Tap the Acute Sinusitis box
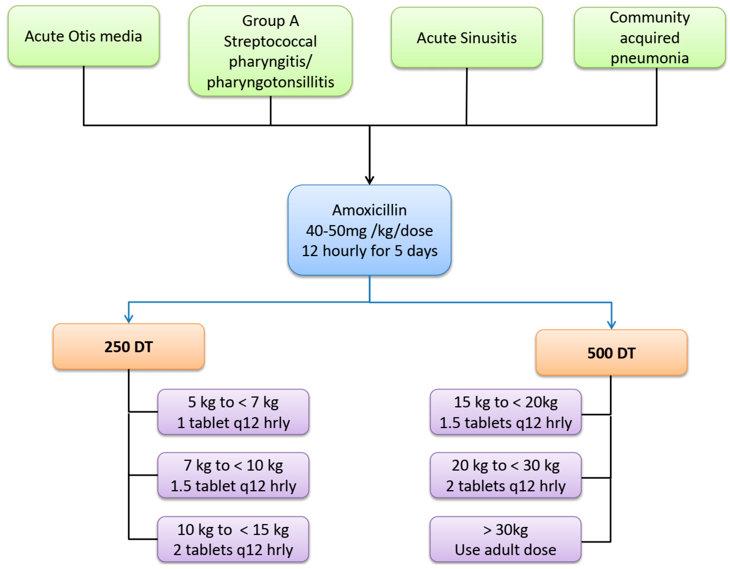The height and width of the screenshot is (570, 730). coord(467,37)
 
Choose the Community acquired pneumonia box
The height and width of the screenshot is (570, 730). coord(649,37)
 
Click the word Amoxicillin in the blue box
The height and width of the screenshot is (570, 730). coord(369,210)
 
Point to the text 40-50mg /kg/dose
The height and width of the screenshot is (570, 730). coord(369,230)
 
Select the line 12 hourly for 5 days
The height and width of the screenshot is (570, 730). coord(369,251)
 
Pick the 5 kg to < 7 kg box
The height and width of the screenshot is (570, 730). coord(233,412)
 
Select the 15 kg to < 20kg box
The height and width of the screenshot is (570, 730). coord(505,412)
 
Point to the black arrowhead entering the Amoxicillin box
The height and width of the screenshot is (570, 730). coord(369,180)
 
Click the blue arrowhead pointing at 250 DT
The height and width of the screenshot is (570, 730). coord(129,319)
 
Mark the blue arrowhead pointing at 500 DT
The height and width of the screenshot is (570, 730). coord(611,325)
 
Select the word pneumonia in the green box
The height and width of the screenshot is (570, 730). coord(649,58)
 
